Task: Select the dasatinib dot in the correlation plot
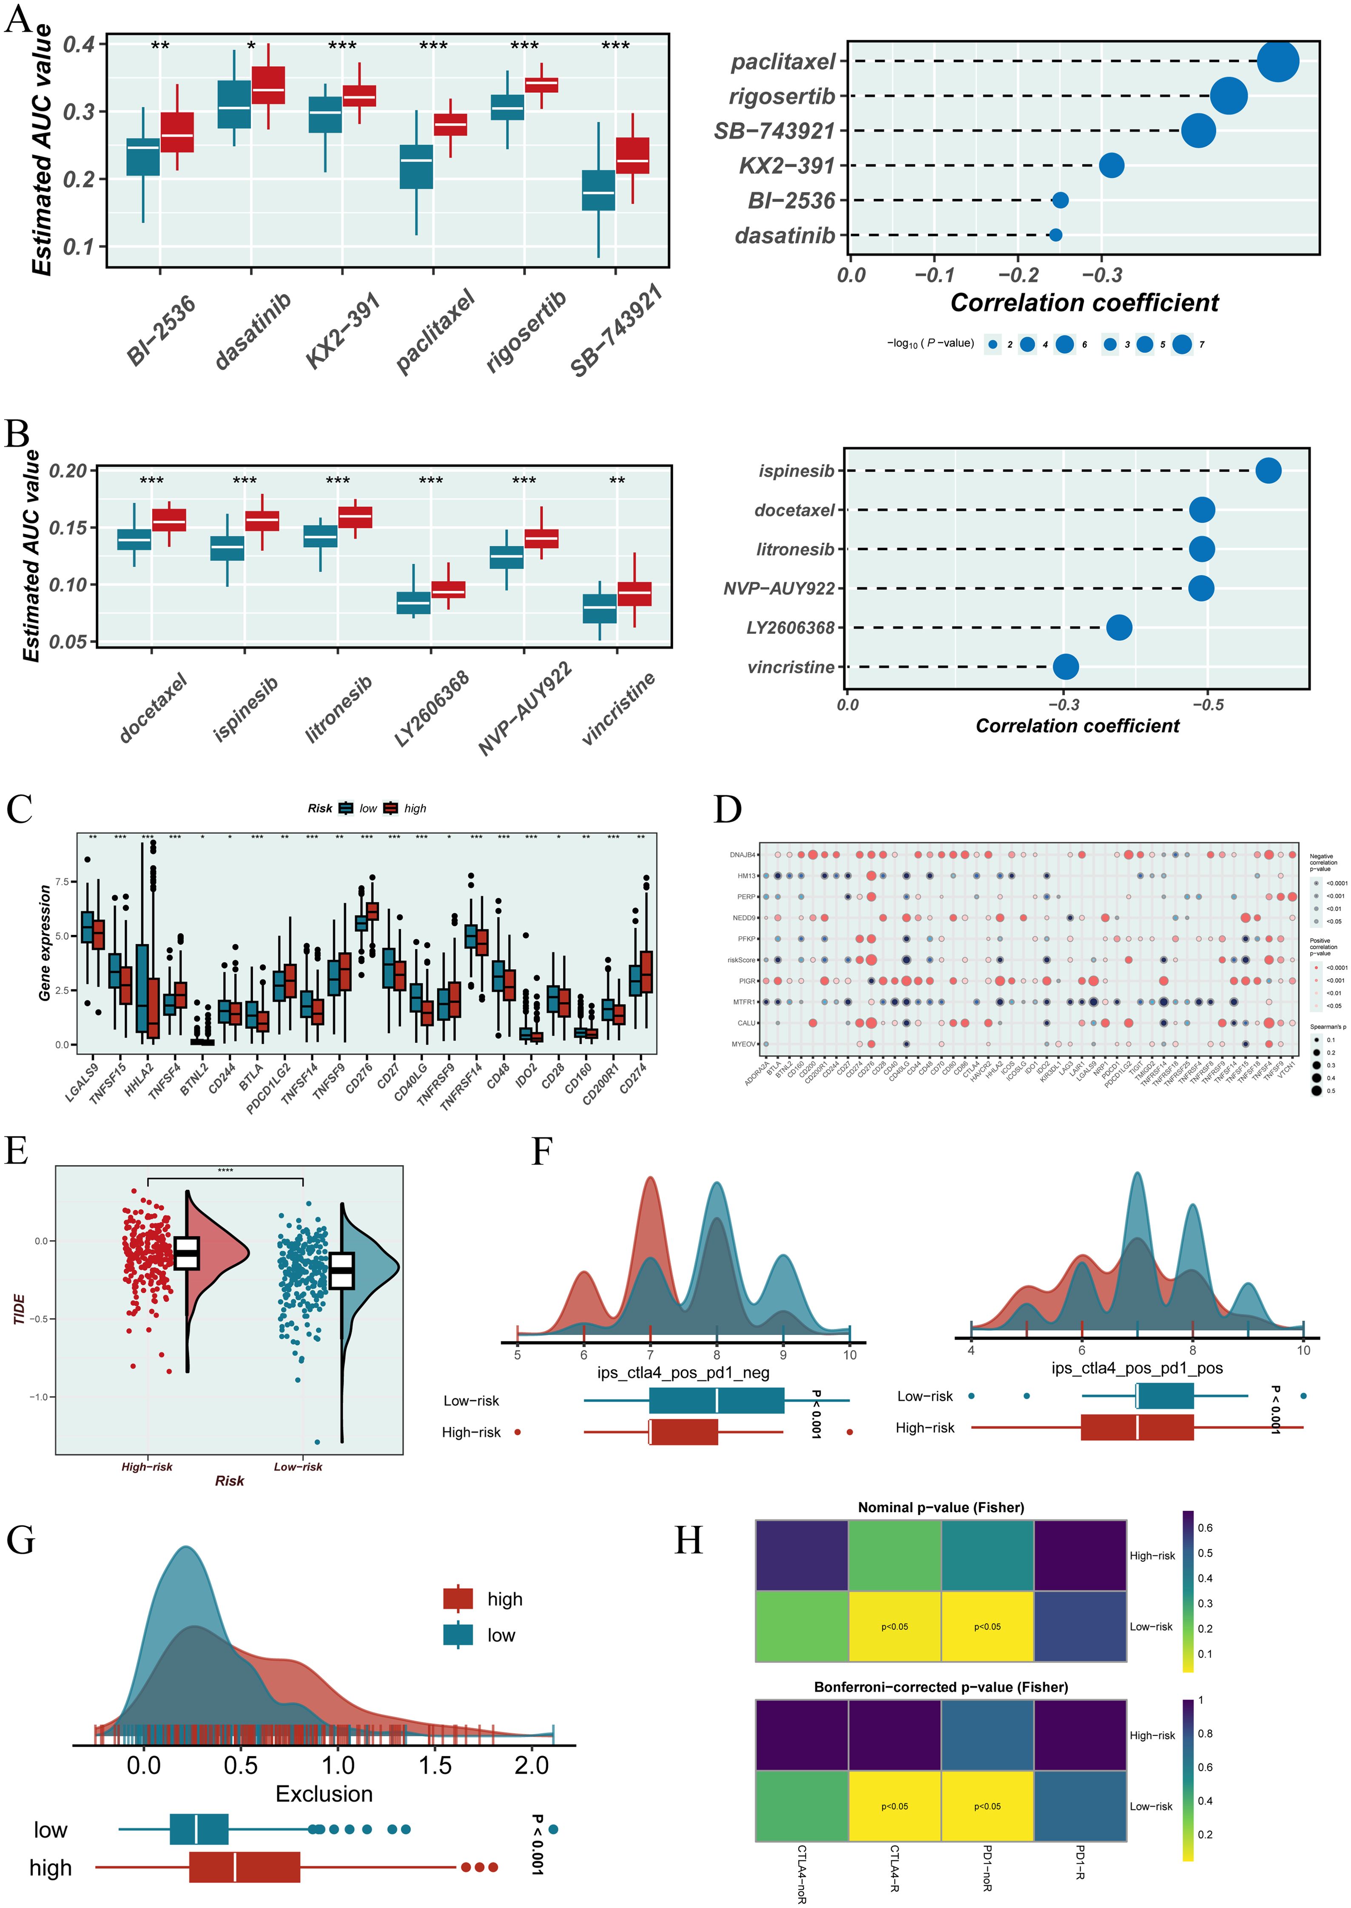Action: pos(1055,236)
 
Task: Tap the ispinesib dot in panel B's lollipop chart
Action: pos(1268,471)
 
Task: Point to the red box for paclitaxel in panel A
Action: pos(450,125)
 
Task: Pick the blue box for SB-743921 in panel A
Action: pos(598,190)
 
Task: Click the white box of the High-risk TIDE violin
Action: pos(187,1252)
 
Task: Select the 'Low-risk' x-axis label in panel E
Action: pos(298,1466)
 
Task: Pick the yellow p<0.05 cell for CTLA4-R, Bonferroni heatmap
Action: pos(894,1806)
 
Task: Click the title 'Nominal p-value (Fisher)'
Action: pos(941,1507)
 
